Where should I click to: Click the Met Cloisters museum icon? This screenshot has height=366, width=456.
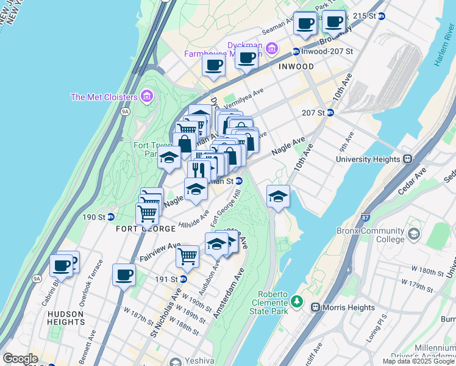(x=146, y=96)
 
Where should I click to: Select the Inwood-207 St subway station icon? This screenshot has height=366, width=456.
(x=296, y=52)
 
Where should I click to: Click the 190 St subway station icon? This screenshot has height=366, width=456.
(x=111, y=217)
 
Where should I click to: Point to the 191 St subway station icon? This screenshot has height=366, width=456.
(x=183, y=279)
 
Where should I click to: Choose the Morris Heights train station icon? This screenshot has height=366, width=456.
(x=316, y=307)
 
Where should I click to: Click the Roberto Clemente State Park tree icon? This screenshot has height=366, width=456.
(x=296, y=301)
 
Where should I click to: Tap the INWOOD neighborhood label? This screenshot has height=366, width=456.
(x=296, y=66)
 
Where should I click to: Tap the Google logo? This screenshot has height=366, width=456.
(x=20, y=359)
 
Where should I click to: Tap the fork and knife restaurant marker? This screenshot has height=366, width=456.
(x=199, y=170)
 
